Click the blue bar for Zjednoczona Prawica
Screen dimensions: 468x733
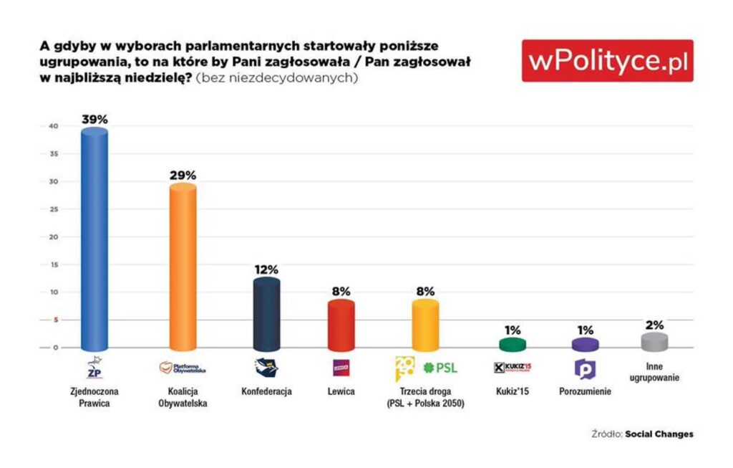coord(94,240)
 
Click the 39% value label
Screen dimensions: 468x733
coord(94,120)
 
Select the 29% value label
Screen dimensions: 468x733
coord(183,175)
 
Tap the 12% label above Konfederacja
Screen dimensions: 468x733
coord(266,269)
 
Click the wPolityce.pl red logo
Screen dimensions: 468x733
coord(607,61)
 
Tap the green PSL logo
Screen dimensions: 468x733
coord(440,368)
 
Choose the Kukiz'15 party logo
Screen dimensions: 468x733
coord(513,368)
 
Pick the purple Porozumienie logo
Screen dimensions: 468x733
coord(586,368)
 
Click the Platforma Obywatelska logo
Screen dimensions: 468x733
coord(183,368)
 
